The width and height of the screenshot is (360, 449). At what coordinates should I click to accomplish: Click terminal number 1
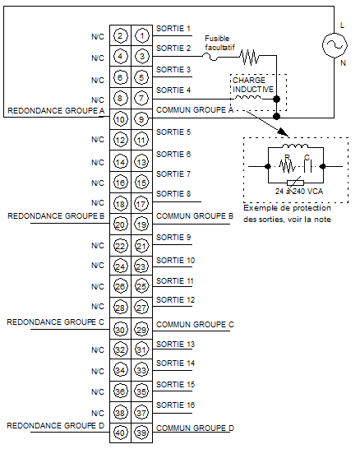click(142, 36)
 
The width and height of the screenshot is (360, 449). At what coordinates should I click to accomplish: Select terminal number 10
click(120, 119)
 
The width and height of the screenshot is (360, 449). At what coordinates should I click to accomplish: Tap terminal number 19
click(142, 224)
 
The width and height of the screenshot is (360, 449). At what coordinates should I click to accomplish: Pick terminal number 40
click(120, 433)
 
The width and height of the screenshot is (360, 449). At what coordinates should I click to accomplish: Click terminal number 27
click(142, 308)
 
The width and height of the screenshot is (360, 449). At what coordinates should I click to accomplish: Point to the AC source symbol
click(335, 45)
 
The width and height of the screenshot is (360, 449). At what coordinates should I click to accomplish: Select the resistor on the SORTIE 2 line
click(250, 57)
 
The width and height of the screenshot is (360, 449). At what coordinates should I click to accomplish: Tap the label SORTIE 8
click(173, 194)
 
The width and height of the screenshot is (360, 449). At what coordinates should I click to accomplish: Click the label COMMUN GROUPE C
click(195, 325)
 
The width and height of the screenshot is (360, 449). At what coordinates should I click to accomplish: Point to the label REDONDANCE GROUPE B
click(56, 216)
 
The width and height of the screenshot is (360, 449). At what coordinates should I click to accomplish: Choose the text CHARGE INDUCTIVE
click(253, 85)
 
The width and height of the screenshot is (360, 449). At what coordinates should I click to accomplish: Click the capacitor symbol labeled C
click(307, 166)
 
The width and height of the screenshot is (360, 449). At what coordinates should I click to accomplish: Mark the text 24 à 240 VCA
click(299, 191)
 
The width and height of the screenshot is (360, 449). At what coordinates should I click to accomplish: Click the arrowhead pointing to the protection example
click(284, 132)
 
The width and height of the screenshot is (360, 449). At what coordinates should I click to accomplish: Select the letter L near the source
click(342, 25)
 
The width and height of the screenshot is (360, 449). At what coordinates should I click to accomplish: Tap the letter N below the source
click(343, 62)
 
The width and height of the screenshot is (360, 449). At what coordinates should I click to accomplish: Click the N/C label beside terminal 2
click(98, 37)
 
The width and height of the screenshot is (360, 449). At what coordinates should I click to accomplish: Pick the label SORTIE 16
click(175, 405)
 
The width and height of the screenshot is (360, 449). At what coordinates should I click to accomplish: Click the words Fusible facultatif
click(219, 43)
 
